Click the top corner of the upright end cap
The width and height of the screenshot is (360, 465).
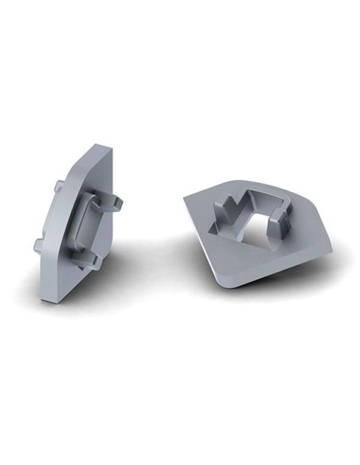coord(98,147)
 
